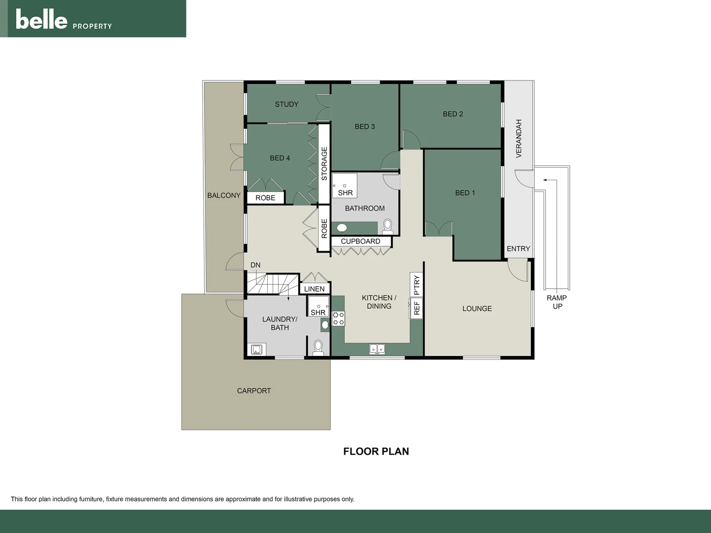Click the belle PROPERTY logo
(x=64, y=20)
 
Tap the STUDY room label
(x=286, y=104)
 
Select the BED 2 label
(x=453, y=114)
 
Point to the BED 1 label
(x=465, y=193)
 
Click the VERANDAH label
(x=518, y=139)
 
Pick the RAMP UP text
(x=556, y=302)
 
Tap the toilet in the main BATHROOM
(x=388, y=227)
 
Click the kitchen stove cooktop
(x=338, y=318)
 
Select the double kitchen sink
(x=377, y=349)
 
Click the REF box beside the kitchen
(x=416, y=308)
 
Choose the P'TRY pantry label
(x=416, y=285)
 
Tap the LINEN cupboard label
(x=314, y=289)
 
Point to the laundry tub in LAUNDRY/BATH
(x=256, y=350)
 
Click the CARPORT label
(x=254, y=391)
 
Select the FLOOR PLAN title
(x=376, y=451)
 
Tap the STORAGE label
(x=324, y=163)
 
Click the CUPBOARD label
(x=360, y=241)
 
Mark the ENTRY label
(x=518, y=249)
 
